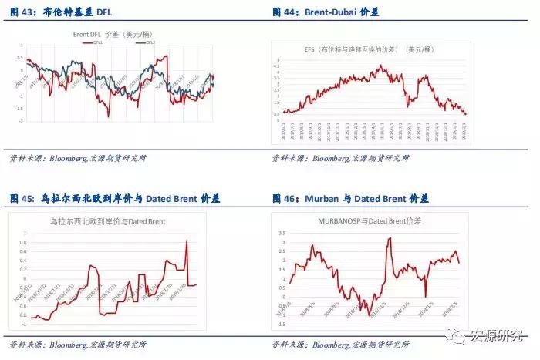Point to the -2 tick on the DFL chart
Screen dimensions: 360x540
coord(22,121)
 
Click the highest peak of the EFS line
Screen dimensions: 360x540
coord(380,66)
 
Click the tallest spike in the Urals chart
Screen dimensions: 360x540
coord(186,241)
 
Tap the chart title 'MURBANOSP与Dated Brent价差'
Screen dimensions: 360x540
coord(370,221)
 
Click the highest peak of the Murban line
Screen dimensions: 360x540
coord(390,238)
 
